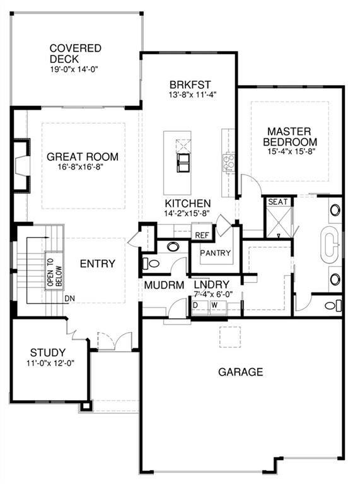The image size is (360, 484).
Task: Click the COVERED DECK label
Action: point(75,54)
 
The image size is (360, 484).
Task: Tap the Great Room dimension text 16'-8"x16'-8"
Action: point(80,167)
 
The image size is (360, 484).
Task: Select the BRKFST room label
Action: point(190,84)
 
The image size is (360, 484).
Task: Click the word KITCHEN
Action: point(188,204)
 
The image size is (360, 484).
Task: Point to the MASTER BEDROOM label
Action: point(289,137)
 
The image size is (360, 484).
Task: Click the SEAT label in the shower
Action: point(277,202)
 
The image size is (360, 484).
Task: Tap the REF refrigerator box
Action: point(202,235)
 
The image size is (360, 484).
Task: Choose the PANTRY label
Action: point(215,253)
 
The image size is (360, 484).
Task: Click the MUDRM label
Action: point(164,285)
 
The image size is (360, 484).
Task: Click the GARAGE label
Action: point(240,372)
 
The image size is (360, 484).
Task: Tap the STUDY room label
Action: point(48,352)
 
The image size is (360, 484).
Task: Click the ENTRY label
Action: point(98,263)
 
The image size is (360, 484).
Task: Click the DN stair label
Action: point(69,299)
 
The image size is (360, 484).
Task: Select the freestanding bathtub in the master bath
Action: point(330,245)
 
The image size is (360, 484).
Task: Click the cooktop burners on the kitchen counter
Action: point(228,163)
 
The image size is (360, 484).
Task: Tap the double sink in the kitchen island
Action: point(183,163)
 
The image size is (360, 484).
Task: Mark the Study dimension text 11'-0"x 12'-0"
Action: point(50,363)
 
